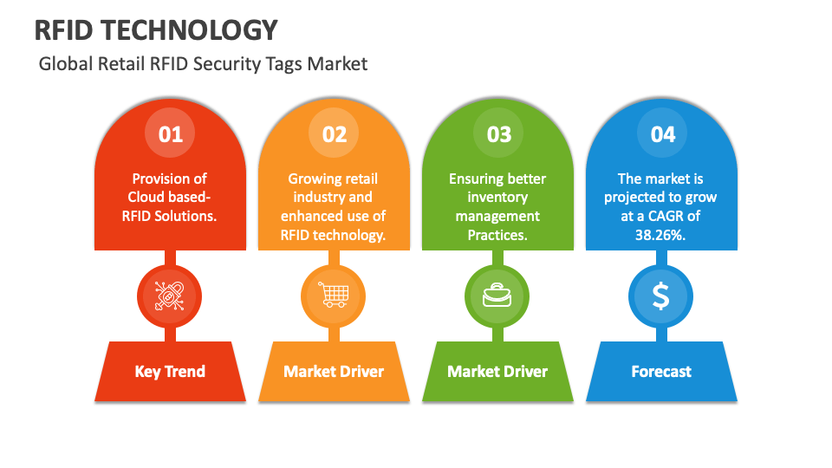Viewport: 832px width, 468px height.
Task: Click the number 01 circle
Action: [171, 133]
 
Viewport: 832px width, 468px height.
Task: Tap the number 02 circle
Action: [335, 133]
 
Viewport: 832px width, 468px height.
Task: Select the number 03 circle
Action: [498, 133]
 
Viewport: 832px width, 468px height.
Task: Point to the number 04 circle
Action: [662, 133]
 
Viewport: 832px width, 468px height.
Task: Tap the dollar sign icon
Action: [661, 296]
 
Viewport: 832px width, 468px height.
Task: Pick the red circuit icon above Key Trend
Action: [170, 296]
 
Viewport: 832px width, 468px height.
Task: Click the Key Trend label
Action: [170, 372]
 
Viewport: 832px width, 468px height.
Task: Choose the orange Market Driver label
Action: [334, 372]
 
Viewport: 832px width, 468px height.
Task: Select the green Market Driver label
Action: [497, 372]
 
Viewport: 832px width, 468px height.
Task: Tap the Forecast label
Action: [661, 372]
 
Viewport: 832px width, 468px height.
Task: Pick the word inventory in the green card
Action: [497, 198]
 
